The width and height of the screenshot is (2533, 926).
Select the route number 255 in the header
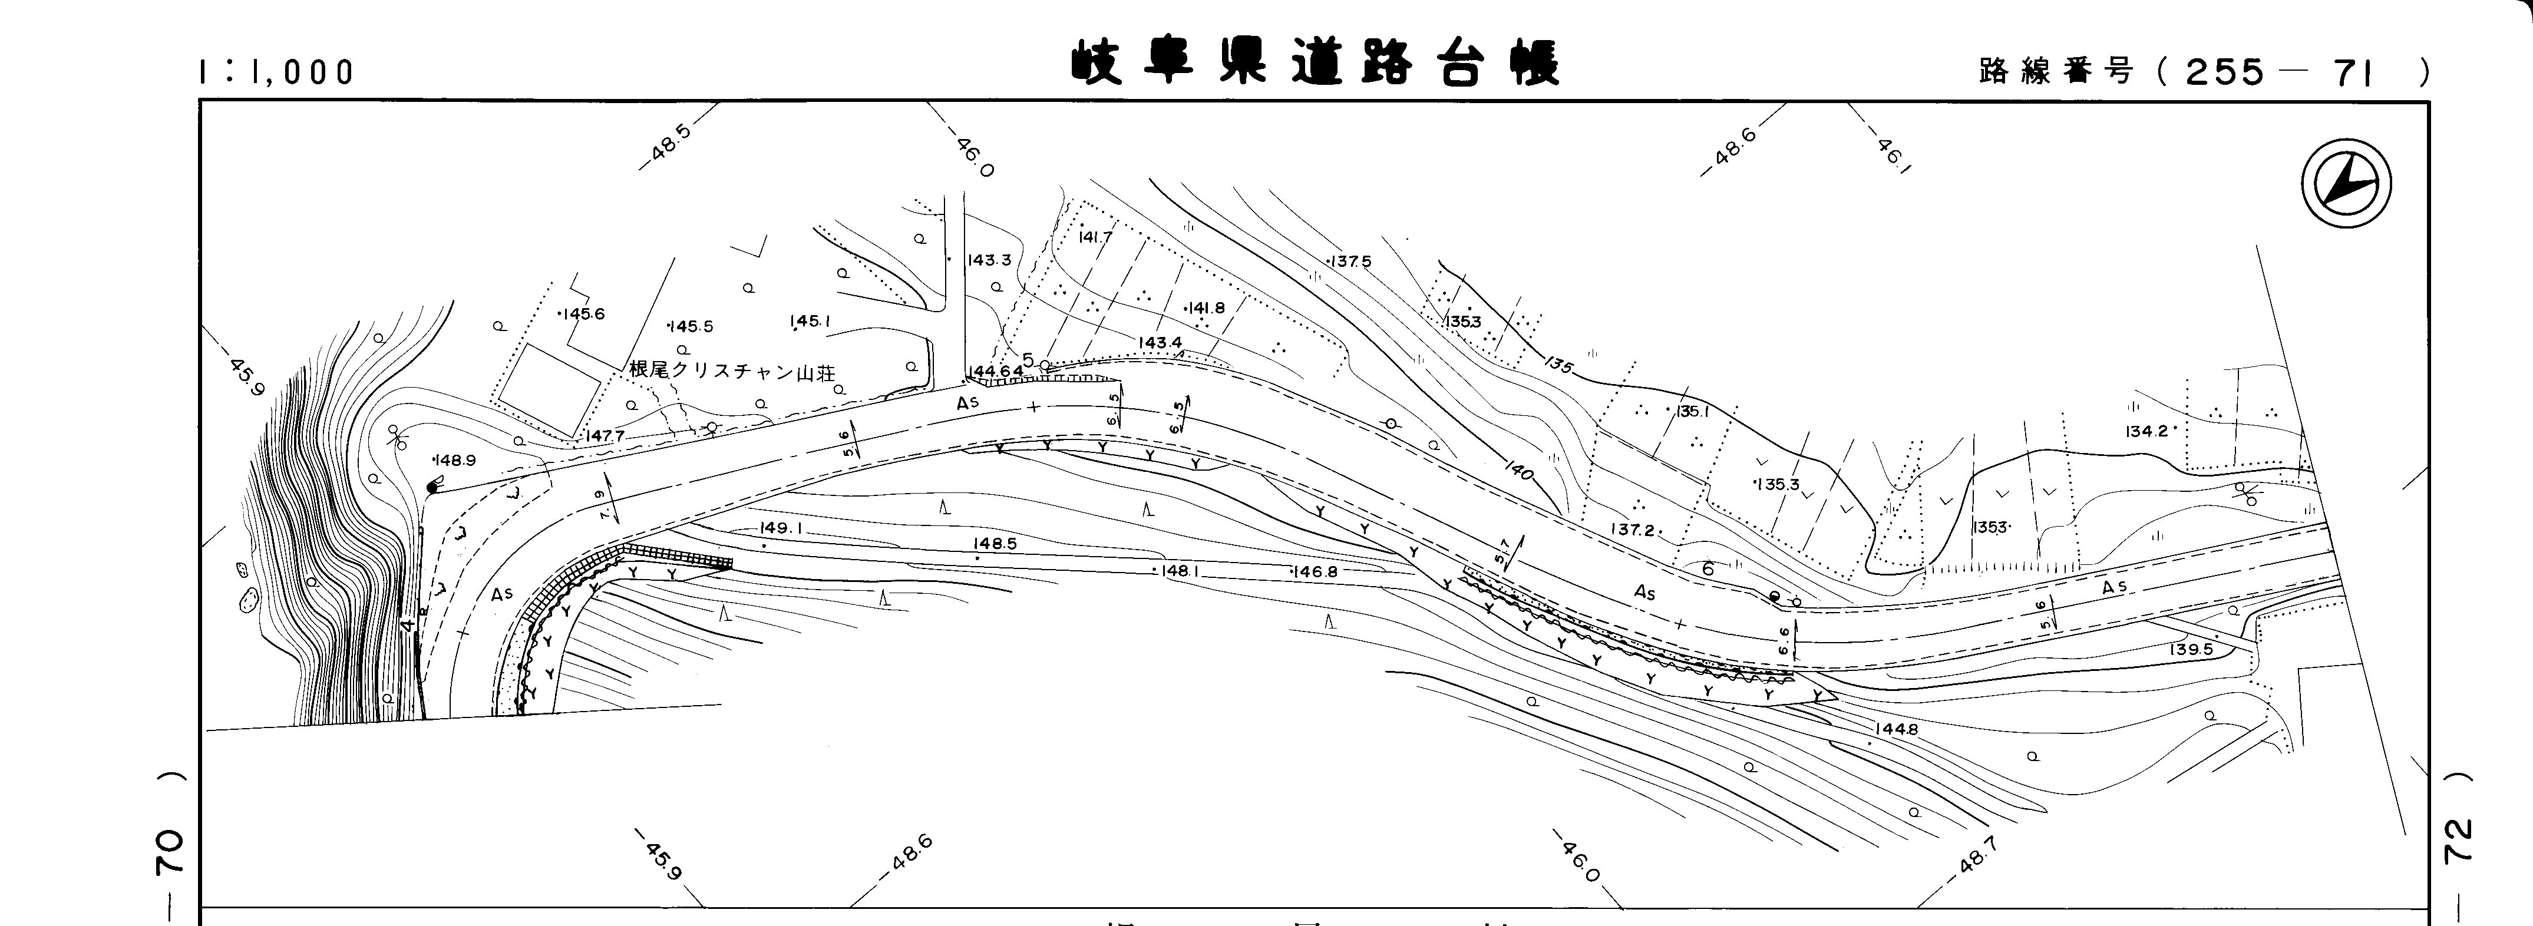pos(2224,72)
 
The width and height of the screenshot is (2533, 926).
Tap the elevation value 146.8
pos(1316,571)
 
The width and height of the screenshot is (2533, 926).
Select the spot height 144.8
pos(1896,729)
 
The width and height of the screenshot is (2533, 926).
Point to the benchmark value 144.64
pos(995,371)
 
